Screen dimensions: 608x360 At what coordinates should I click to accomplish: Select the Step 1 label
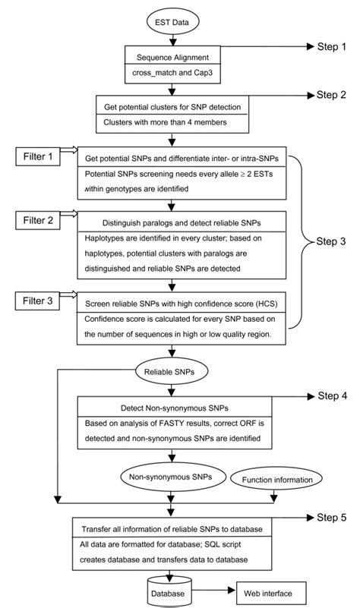pyautogui.click(x=331, y=47)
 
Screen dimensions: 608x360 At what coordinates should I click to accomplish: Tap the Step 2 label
pyautogui.click(x=331, y=96)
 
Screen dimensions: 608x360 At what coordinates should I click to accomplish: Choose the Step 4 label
pyautogui.click(x=331, y=396)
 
